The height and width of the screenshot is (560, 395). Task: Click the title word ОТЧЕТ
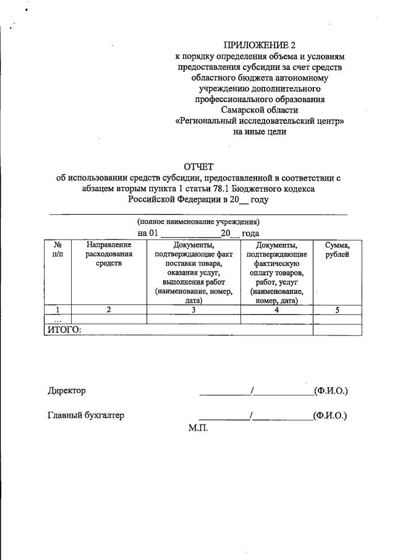point(198,166)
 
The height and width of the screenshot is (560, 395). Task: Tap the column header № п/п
point(57,249)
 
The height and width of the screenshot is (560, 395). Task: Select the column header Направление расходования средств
point(109,254)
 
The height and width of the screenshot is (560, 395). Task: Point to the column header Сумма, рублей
point(337,249)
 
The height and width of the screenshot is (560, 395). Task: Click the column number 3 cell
point(193,310)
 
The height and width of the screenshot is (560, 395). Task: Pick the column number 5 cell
point(337,310)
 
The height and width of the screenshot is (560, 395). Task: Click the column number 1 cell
point(57,310)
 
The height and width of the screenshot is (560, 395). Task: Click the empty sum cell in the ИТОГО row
point(337,330)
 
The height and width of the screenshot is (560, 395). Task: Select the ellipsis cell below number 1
point(57,320)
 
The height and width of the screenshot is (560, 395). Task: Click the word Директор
point(67,390)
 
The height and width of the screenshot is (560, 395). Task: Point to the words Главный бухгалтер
point(86,415)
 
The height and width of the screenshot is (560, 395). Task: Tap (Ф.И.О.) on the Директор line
point(331,390)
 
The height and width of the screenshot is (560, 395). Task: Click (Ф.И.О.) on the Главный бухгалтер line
point(331,415)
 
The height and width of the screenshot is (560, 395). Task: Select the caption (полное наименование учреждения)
point(198,222)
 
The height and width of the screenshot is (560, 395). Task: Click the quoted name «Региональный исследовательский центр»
point(259,121)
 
